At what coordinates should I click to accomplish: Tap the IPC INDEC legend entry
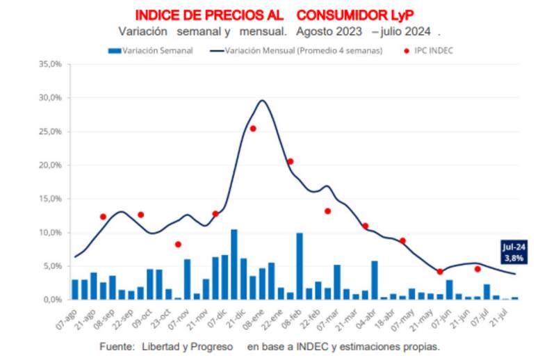(432, 51)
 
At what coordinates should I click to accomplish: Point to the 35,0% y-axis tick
(51, 64)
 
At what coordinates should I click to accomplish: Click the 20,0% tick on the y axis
(51, 165)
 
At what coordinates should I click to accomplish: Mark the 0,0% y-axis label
(53, 300)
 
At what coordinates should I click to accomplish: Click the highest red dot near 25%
(253, 129)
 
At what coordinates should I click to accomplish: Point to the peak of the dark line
(262, 101)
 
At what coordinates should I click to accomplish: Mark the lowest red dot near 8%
(178, 244)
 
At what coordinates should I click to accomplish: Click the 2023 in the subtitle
(352, 32)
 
